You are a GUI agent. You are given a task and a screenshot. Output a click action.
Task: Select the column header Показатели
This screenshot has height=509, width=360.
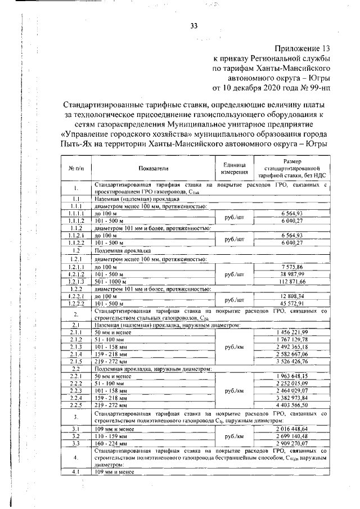pos(152,168)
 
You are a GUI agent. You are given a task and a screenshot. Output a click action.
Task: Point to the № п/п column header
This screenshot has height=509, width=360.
pos(76,168)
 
